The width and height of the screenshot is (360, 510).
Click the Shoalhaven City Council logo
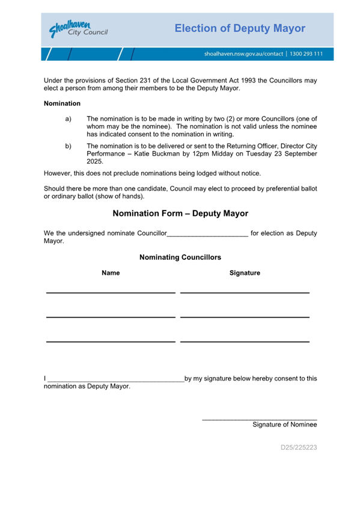click(78, 29)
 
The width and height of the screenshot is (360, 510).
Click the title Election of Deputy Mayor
click(240, 28)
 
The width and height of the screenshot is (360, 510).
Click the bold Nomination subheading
click(63, 103)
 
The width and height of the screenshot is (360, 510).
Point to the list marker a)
click(68, 119)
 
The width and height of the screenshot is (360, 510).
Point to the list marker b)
click(68, 146)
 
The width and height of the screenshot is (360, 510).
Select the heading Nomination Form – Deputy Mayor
click(180, 214)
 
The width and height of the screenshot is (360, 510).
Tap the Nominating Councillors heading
click(180, 257)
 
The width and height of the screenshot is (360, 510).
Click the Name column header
click(111, 273)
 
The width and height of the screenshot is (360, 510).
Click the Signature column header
click(245, 273)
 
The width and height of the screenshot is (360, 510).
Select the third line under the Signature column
click(245, 341)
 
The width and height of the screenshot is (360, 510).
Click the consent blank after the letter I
click(115, 379)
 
